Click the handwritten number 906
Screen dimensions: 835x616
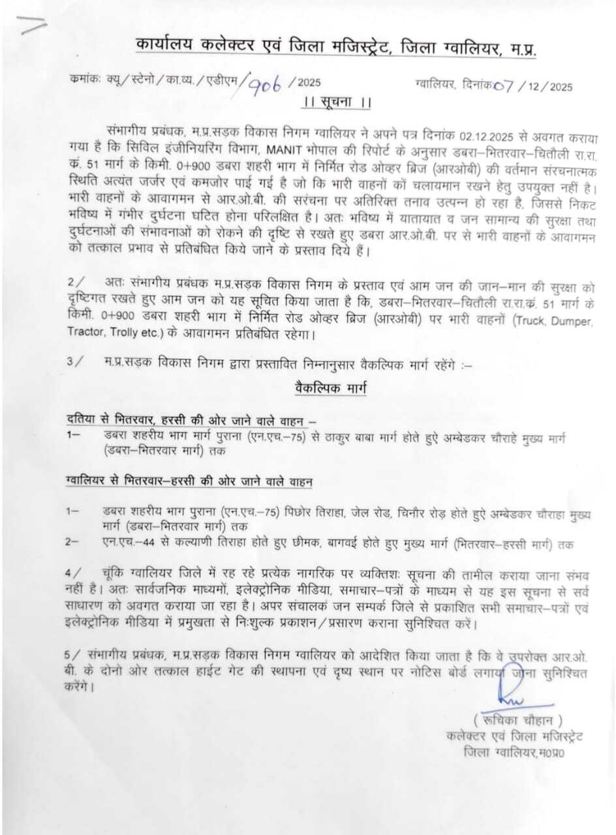[x=268, y=83]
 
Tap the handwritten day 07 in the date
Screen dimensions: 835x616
[x=504, y=85]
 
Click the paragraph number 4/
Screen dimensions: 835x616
[x=73, y=573]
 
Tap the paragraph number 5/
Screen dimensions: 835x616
[x=73, y=655]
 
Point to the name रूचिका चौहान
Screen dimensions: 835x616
[x=519, y=720]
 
